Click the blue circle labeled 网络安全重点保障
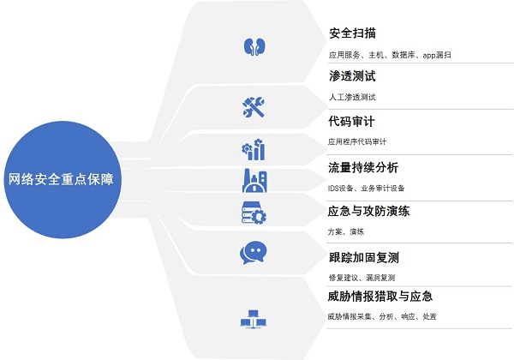click(x=63, y=180)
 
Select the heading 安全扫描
click(x=352, y=33)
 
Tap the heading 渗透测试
click(x=352, y=76)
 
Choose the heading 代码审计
click(x=351, y=122)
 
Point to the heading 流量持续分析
click(x=363, y=167)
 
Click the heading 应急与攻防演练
click(x=368, y=211)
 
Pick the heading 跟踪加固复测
click(x=364, y=258)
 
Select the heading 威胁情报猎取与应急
click(x=380, y=297)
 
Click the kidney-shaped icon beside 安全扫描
click(x=254, y=47)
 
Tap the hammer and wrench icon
click(x=254, y=107)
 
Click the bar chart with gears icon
click(x=254, y=149)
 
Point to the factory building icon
click(x=254, y=181)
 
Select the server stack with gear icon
click(x=254, y=213)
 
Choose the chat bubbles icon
click(x=253, y=253)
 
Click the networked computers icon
click(x=253, y=319)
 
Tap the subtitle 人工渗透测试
click(x=352, y=97)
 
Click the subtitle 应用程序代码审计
click(x=357, y=141)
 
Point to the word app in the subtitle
click(x=429, y=55)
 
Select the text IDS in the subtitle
click(x=332, y=189)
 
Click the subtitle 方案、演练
click(x=346, y=231)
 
